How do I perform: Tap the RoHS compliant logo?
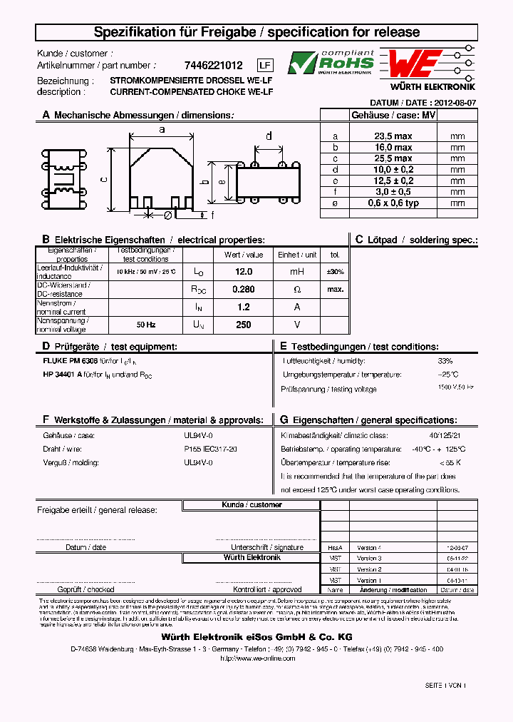click(x=331, y=63)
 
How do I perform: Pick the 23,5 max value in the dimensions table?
click(x=393, y=136)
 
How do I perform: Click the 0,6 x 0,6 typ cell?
click(x=393, y=203)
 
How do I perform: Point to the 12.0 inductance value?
click(x=244, y=272)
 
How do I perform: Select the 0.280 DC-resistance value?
click(x=244, y=289)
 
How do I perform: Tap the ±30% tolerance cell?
click(x=335, y=272)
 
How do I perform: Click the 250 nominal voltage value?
click(x=244, y=325)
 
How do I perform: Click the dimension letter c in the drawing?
click(x=103, y=180)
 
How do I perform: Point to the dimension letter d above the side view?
click(x=269, y=136)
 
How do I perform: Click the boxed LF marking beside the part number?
click(x=264, y=65)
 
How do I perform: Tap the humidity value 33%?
click(x=445, y=361)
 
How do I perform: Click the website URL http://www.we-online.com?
click(x=256, y=659)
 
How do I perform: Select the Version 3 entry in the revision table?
click(x=369, y=559)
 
